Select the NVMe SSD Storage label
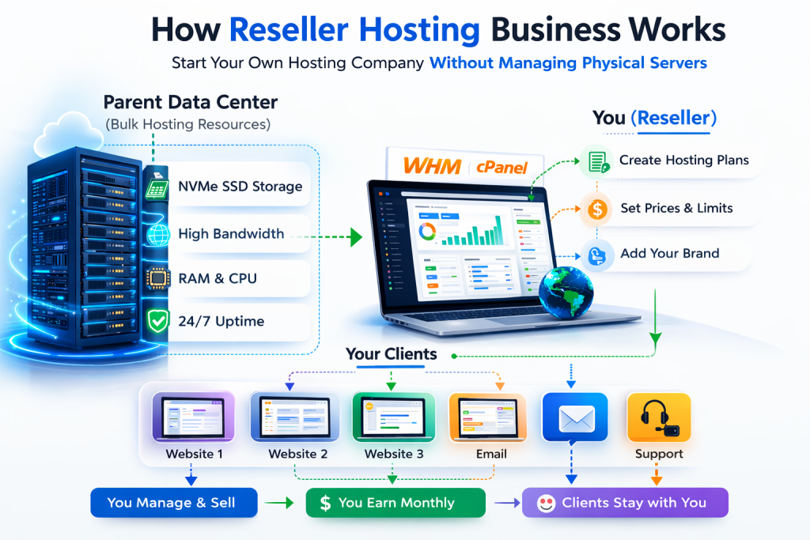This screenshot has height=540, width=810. [240, 187]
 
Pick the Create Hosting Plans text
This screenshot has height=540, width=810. [683, 160]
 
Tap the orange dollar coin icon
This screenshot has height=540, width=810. [598, 209]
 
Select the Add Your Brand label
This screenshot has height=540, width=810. [669, 254]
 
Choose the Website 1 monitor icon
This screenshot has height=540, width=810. [195, 417]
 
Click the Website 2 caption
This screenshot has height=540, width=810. [297, 454]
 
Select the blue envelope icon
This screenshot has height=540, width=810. [575, 417]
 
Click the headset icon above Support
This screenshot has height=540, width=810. [658, 416]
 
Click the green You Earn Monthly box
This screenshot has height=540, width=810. [396, 503]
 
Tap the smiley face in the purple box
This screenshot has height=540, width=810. [546, 504]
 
